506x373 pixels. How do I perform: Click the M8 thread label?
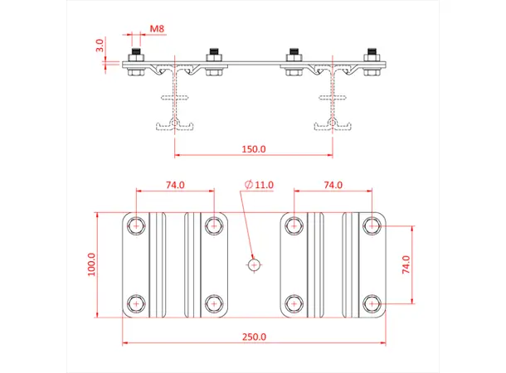[x=157, y=29]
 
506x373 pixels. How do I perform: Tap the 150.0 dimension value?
[x=253, y=150]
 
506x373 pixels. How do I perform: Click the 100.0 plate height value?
[x=91, y=264]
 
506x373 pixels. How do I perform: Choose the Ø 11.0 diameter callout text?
[x=259, y=184]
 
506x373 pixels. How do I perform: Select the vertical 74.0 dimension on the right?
[x=406, y=264]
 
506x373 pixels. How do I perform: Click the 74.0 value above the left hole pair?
[x=175, y=185]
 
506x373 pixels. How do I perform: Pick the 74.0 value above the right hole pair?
[x=333, y=185]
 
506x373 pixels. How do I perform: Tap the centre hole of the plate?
[x=254, y=264]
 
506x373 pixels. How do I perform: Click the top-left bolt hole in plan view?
[x=137, y=224]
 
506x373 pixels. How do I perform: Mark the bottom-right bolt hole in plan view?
[x=372, y=303]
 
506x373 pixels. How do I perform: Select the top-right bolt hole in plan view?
[x=372, y=224]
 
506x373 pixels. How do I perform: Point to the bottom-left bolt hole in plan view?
[x=137, y=303]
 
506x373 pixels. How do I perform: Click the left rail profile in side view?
[x=175, y=99]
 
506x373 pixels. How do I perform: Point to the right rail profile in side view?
[x=333, y=99]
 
